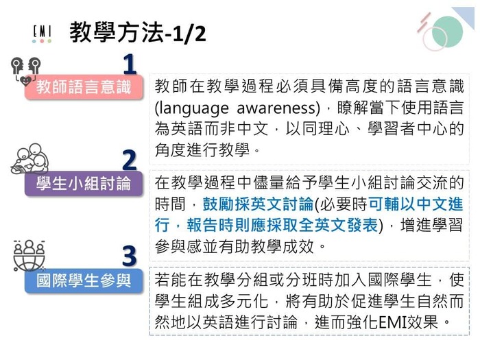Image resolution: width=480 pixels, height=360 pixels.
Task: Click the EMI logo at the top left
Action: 42,34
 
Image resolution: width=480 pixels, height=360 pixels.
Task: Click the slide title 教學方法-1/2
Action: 137,32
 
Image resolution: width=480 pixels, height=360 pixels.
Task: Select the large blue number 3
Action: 130,256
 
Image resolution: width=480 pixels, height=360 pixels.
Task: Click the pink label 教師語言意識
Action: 83,88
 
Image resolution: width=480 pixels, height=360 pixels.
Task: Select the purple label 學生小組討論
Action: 83,184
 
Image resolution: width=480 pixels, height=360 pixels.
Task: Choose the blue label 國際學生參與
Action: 83,280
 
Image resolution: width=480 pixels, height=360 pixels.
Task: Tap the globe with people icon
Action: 29,255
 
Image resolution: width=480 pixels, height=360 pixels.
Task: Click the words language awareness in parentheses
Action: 237,108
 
